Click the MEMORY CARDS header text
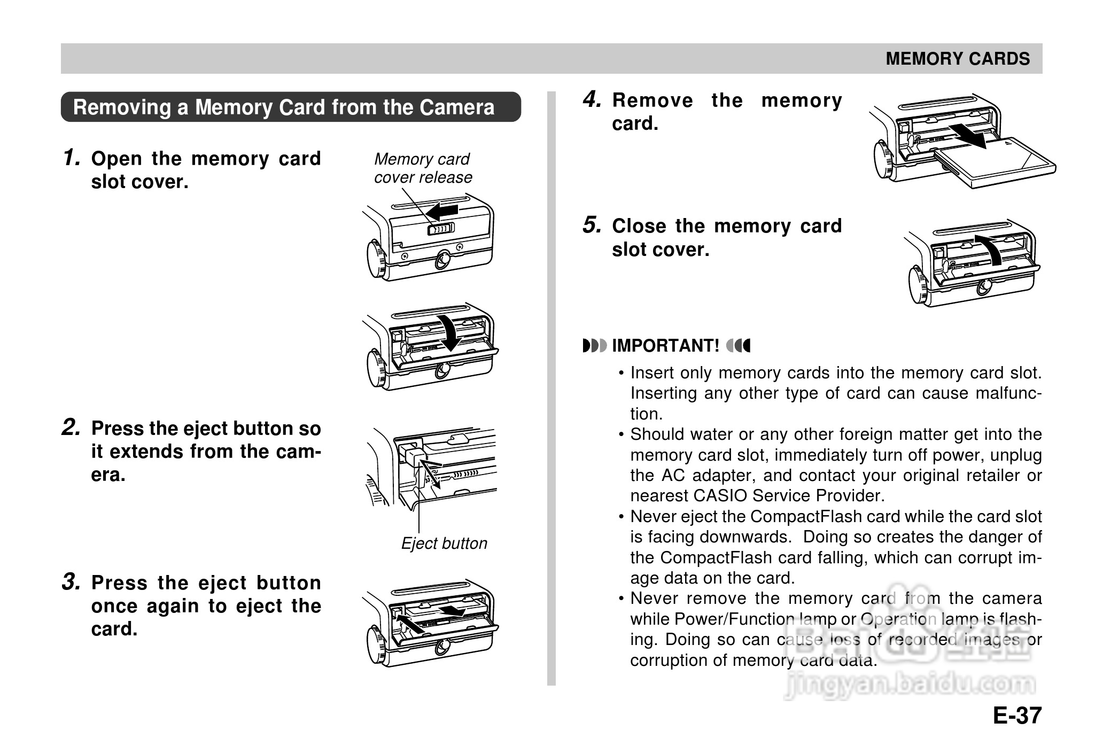[x=957, y=59]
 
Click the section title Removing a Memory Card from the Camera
[x=284, y=107]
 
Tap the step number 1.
[x=72, y=158]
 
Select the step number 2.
[x=72, y=428]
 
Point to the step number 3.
[x=72, y=582]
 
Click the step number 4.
[x=592, y=99]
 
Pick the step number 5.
[x=592, y=226]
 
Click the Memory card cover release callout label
[x=422, y=168]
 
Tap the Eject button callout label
[x=444, y=543]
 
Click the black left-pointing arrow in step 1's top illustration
[x=443, y=211]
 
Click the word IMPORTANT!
[x=665, y=346]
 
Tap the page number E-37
[x=1017, y=716]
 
